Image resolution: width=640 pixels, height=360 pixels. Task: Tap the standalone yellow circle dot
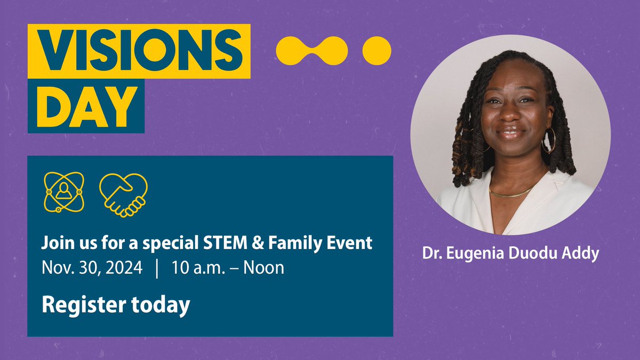[x=377, y=51]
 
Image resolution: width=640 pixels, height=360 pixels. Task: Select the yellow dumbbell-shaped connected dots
[x=312, y=51]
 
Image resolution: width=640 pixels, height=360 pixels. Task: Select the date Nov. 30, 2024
[x=92, y=268]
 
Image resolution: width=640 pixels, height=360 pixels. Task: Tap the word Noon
[x=263, y=268]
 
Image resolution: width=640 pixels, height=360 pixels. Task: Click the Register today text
[x=116, y=305]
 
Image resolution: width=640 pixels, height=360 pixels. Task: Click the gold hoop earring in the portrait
[x=548, y=140]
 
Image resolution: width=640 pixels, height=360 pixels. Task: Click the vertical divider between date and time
[x=157, y=268]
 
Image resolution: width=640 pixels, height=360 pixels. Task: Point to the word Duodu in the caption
[x=535, y=253]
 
